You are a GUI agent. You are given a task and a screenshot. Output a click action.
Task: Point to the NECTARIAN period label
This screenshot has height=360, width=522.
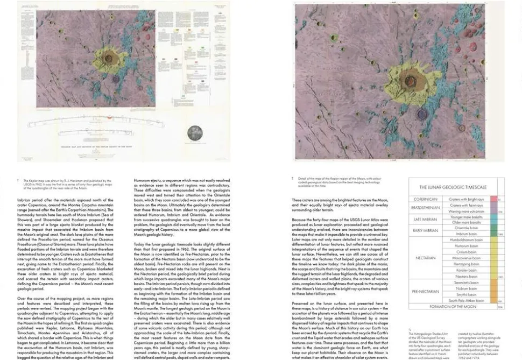(425, 258)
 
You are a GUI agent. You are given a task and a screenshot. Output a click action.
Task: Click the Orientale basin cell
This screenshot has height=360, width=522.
(465, 228)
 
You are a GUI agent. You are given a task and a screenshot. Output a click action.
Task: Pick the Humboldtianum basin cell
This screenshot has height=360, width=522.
(465, 240)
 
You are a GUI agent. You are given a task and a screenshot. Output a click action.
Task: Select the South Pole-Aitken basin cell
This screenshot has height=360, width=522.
(465, 301)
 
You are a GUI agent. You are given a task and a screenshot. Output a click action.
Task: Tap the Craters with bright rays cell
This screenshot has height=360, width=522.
(465, 199)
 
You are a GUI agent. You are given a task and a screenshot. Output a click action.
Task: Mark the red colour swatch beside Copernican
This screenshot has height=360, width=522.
(500, 199)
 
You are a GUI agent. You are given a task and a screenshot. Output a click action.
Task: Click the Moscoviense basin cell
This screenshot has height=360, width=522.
(465, 258)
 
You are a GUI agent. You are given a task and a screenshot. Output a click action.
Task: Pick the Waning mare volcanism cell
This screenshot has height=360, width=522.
(465, 211)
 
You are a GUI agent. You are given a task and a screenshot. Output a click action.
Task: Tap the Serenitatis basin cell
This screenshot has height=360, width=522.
(465, 283)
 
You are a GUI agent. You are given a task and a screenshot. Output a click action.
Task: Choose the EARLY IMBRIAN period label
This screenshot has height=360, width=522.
(425, 231)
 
